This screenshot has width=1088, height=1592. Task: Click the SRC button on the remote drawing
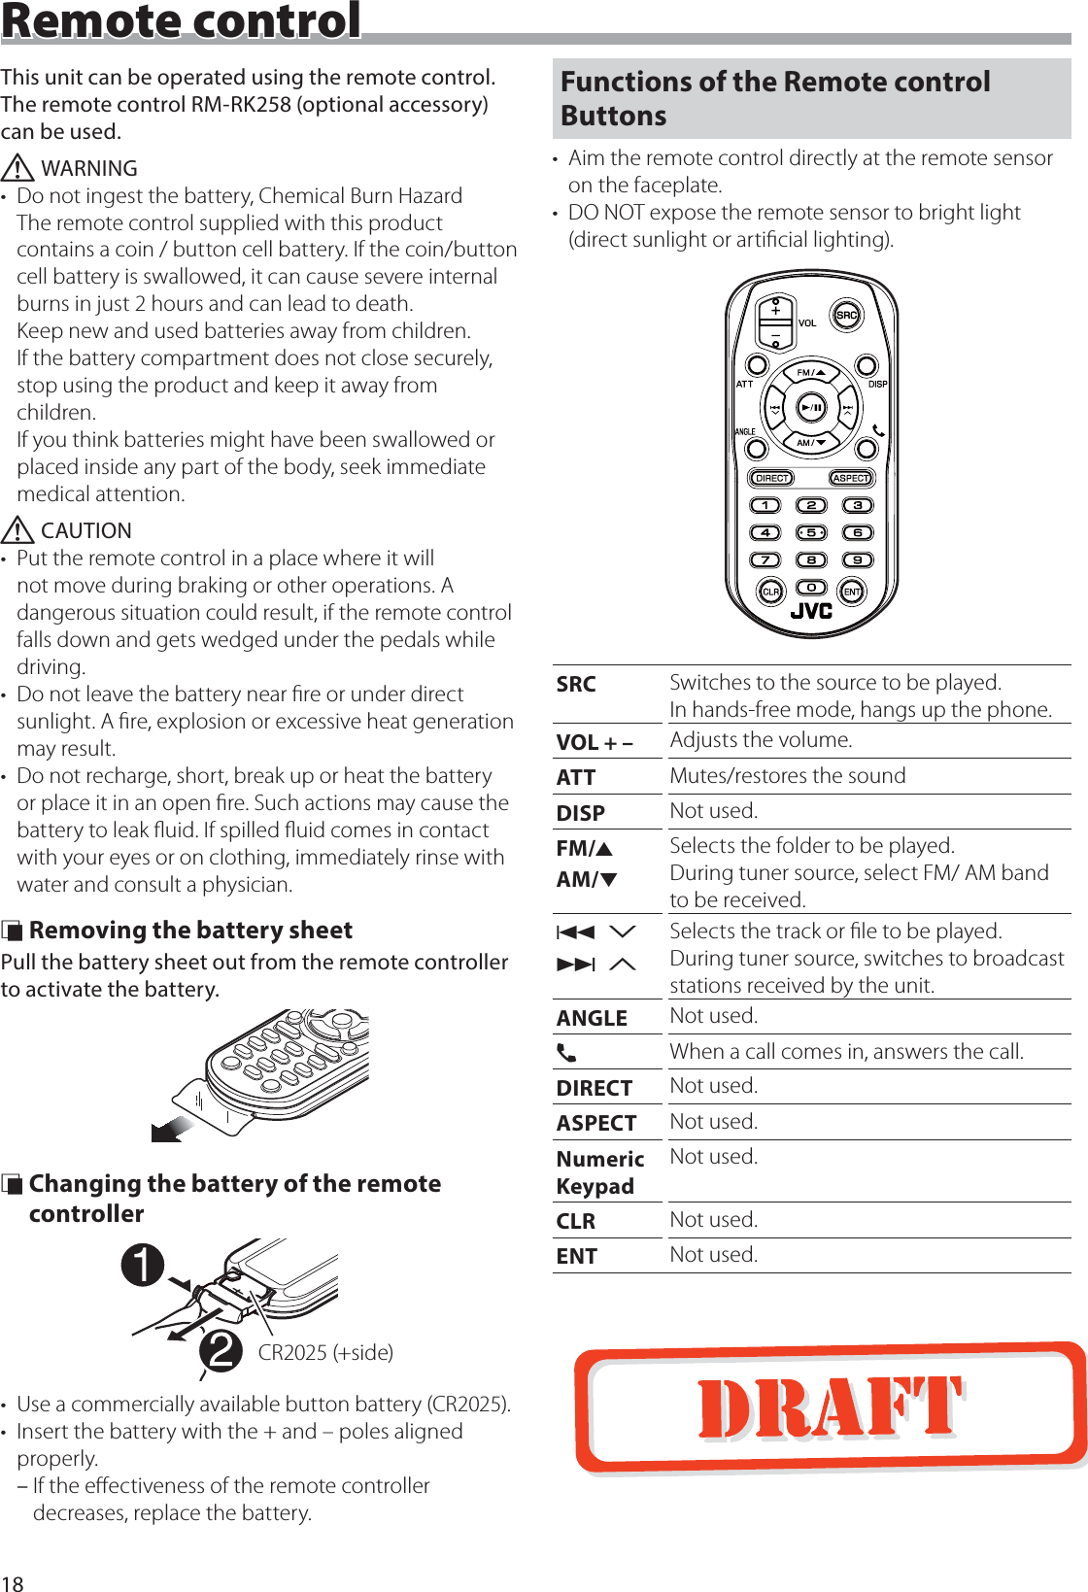[847, 315]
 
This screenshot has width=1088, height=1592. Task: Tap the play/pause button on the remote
[811, 408]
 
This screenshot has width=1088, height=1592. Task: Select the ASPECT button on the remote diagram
[851, 478]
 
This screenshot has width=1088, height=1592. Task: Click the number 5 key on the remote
[811, 532]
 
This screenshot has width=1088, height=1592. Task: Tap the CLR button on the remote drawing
[770, 592]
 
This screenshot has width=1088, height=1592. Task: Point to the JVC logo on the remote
[811, 612]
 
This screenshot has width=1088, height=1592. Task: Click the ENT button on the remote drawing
[852, 592]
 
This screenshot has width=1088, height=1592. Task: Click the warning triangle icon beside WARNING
[17, 168]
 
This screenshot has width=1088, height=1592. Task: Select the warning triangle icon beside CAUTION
[17, 530]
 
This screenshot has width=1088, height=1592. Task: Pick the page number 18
[12, 1582]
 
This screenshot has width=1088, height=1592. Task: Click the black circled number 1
[143, 1265]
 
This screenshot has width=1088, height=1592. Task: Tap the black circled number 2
[221, 1351]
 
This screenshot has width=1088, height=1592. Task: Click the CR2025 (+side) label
[325, 1352]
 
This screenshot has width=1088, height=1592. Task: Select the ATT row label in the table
[576, 777]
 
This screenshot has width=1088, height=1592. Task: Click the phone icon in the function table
[566, 1053]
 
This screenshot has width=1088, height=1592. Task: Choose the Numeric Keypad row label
[599, 1172]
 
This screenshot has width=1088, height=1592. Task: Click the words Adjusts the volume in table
[761, 740]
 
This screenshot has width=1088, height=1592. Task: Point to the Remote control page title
[182, 21]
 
